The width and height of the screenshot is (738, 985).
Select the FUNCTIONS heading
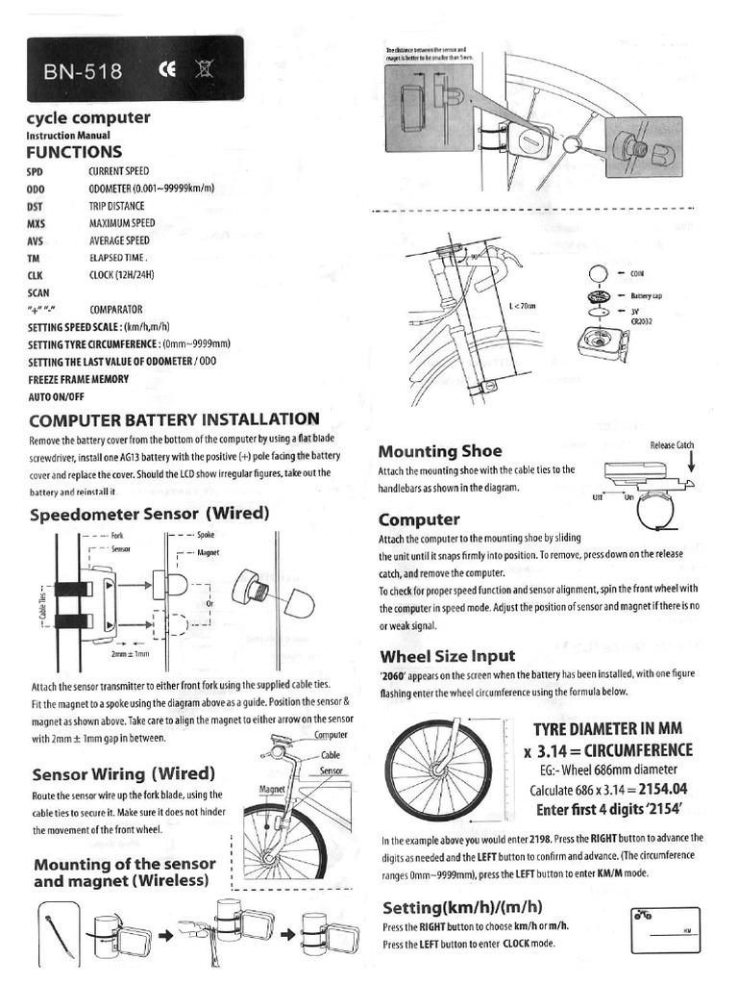tap(74, 152)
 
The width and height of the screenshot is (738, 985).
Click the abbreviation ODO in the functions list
tap(37, 189)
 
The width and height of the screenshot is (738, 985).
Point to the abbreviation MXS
tap(37, 223)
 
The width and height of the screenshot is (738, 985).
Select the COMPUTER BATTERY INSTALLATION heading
tap(174, 419)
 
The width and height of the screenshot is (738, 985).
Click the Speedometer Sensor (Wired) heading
tap(149, 514)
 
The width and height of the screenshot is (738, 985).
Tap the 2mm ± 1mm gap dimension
tap(131, 654)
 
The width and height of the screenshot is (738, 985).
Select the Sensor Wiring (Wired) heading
tap(123, 773)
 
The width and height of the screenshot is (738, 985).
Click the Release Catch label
tap(672, 444)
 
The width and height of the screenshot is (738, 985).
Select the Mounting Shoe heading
tap(439, 451)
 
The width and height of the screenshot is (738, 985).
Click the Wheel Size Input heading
tap(447, 656)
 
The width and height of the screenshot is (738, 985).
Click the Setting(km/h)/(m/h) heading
tap(462, 907)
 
